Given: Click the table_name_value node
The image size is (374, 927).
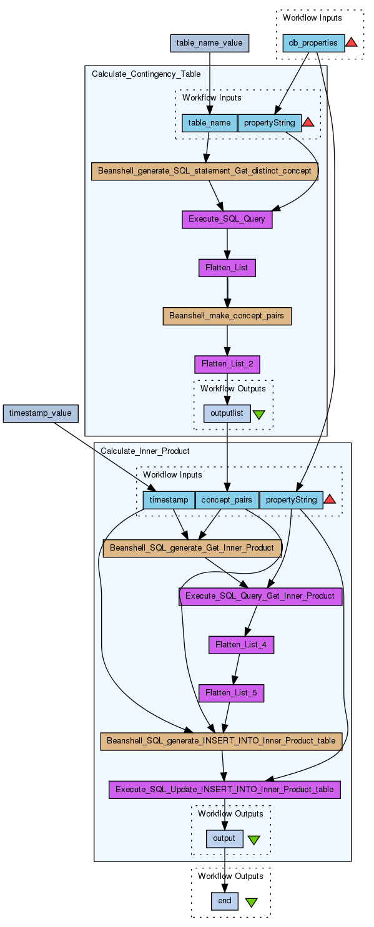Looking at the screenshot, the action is [x=209, y=43].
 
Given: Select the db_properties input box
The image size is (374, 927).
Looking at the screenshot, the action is [x=313, y=43].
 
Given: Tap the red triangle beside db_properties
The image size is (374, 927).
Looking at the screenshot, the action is [x=352, y=42].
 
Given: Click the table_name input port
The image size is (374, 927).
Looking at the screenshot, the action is [x=209, y=123].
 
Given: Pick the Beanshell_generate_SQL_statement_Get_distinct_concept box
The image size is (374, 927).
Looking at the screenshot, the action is [x=204, y=171].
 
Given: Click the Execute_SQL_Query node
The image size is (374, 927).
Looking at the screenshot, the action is [x=227, y=219].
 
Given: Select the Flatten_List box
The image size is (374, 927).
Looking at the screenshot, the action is [x=227, y=268].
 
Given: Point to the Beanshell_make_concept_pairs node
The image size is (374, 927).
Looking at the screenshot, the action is [x=227, y=316].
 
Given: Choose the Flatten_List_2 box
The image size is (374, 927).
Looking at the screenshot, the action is [x=227, y=364].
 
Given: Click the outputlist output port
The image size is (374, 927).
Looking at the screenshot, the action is [x=227, y=413].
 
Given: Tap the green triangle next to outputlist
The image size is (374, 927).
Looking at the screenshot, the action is [x=258, y=414].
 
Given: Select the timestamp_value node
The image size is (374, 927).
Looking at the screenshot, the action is [x=40, y=413].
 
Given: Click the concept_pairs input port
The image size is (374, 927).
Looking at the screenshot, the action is [x=227, y=500].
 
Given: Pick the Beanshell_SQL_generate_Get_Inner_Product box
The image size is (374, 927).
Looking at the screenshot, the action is [x=192, y=548].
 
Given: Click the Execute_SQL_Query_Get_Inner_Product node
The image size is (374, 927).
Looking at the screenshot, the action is [x=260, y=596].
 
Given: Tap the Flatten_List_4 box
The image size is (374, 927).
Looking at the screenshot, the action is [x=241, y=645].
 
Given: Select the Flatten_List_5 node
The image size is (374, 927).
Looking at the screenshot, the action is [x=231, y=693].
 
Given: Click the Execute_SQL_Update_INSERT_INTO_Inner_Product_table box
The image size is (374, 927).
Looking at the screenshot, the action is [x=224, y=790].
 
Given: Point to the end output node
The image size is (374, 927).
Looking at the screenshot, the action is [x=225, y=901].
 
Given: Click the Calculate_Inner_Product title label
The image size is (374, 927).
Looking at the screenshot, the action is [x=145, y=451].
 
